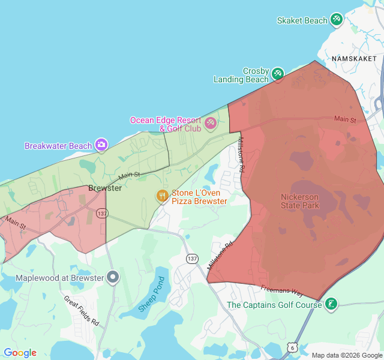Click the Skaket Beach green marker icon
click(x=336, y=20)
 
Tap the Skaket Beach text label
click(x=302, y=20)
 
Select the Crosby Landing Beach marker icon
click(x=277, y=74)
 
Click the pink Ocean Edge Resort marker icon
click(x=210, y=124)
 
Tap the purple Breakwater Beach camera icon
click(x=101, y=145)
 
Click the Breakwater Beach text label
click(x=58, y=146)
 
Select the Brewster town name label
click(x=105, y=188)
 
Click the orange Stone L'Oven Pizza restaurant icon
click(x=162, y=196)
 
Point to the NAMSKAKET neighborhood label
click(x=353, y=59)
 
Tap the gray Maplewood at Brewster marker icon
click(x=113, y=277)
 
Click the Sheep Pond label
click(x=151, y=294)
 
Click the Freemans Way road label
click(x=282, y=290)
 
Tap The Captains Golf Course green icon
click(x=330, y=304)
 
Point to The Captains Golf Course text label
click(x=274, y=305)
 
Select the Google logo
click(x=20, y=353)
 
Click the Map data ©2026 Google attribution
click(x=347, y=355)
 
